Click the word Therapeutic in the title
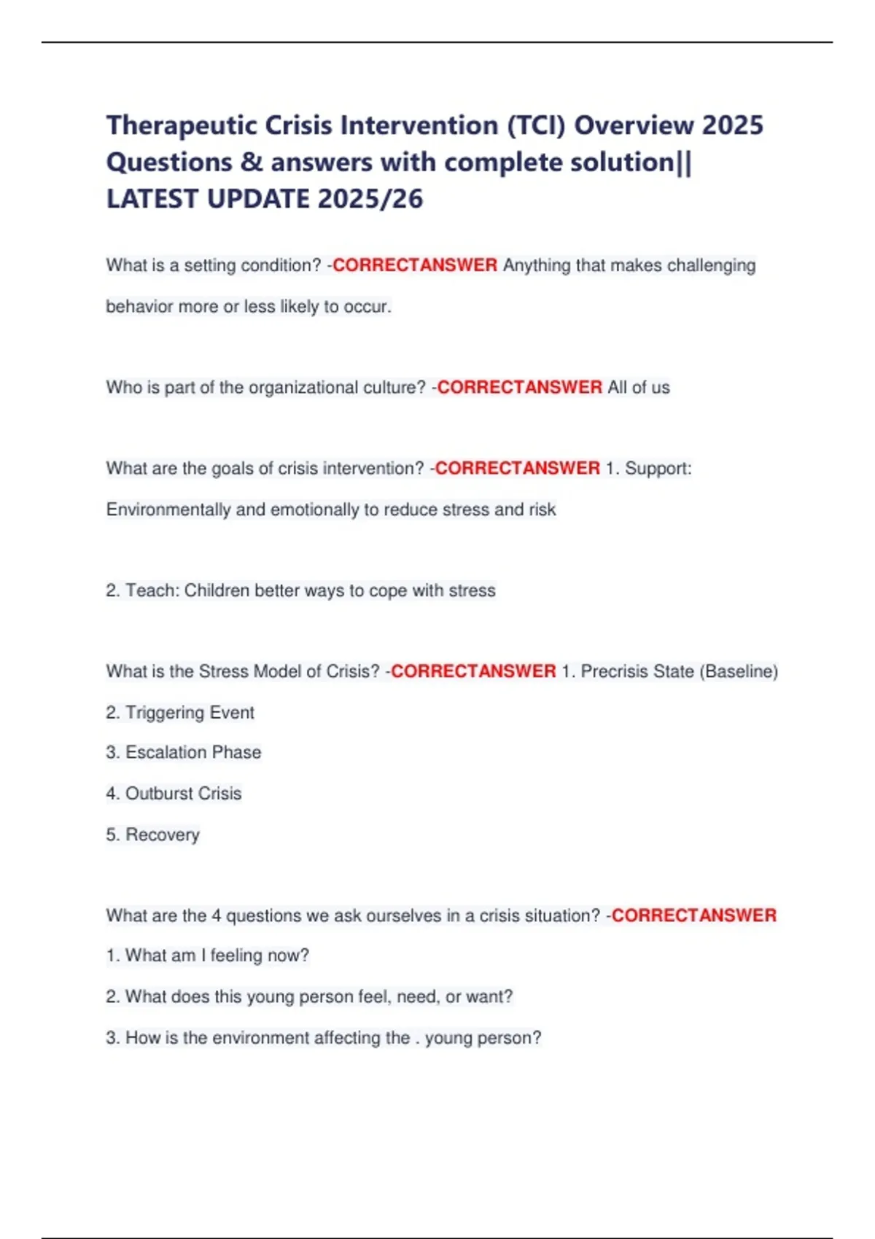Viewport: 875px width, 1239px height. pos(182,126)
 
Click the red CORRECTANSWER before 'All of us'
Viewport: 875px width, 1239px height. pos(519,387)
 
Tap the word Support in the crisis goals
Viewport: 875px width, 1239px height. pos(656,468)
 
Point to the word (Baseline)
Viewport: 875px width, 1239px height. pos(738,671)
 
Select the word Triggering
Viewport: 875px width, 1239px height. pos(155,712)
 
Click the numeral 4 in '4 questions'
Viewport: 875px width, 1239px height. pos(217,915)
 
